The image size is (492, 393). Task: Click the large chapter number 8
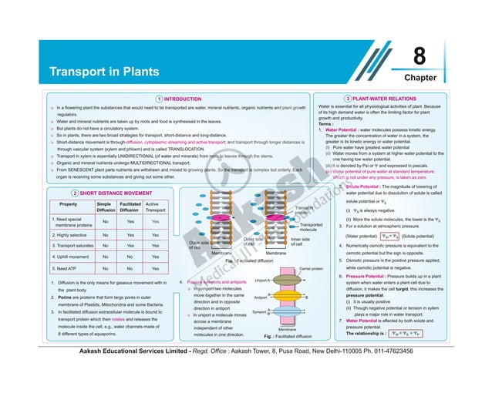click(x=420, y=57)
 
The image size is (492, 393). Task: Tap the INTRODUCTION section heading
click(x=183, y=99)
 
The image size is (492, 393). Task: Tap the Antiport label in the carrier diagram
click(x=261, y=297)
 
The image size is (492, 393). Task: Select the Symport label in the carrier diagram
click(x=261, y=311)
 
